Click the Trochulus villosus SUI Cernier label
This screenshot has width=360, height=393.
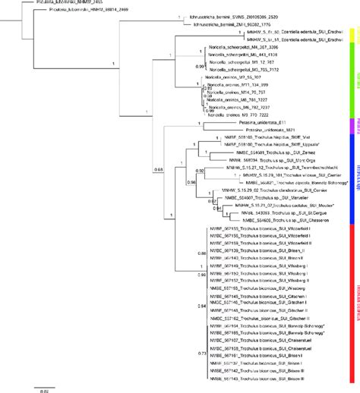[x=273, y=176]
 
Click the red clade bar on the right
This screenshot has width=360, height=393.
[x=354, y=303]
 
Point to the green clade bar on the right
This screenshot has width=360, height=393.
[x=354, y=76]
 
